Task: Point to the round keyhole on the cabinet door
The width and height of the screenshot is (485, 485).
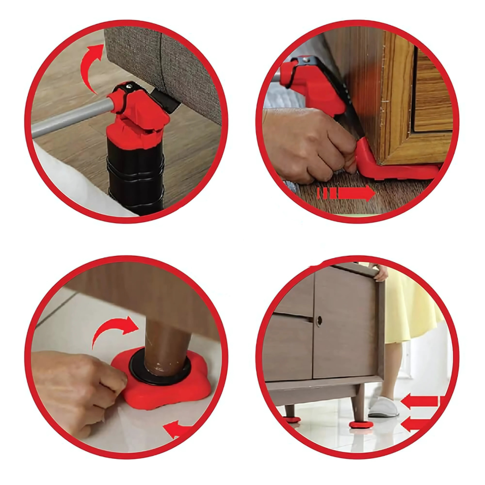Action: click(x=320, y=321)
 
